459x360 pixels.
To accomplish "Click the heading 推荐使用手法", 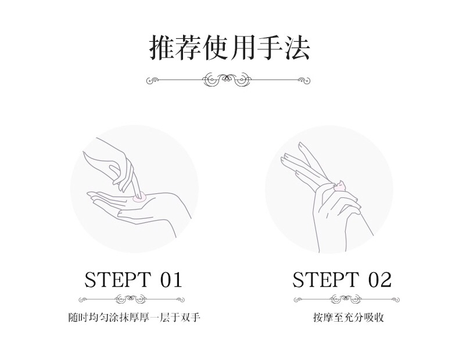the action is tap(229, 48).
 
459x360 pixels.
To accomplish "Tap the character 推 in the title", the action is tap(163, 48).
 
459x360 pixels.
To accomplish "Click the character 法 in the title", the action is tap(297, 48).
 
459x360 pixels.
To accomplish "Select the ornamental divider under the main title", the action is tap(228, 80).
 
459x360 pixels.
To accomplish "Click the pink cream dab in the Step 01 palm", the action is tap(139, 198).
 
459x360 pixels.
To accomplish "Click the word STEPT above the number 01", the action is tap(118, 279).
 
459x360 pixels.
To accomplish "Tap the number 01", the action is tap(171, 279).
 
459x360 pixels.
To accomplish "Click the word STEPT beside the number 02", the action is tap(325, 279).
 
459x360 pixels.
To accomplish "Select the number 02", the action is tap(379, 279).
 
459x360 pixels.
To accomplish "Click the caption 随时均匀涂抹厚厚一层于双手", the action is tap(134, 317).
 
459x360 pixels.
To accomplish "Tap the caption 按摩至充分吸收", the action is tap(348, 317).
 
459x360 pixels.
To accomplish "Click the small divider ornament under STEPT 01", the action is tap(131, 299).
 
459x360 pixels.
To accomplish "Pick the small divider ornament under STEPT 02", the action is tap(346, 299).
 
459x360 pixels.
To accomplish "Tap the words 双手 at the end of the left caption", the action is tap(190, 317).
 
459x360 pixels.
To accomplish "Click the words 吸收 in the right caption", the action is tap(374, 317).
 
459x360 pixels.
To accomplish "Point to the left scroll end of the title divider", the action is tap(152, 80).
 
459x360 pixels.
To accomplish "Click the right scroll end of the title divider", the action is tap(304, 80).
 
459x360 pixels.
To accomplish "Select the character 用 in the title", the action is tap(243, 48).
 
